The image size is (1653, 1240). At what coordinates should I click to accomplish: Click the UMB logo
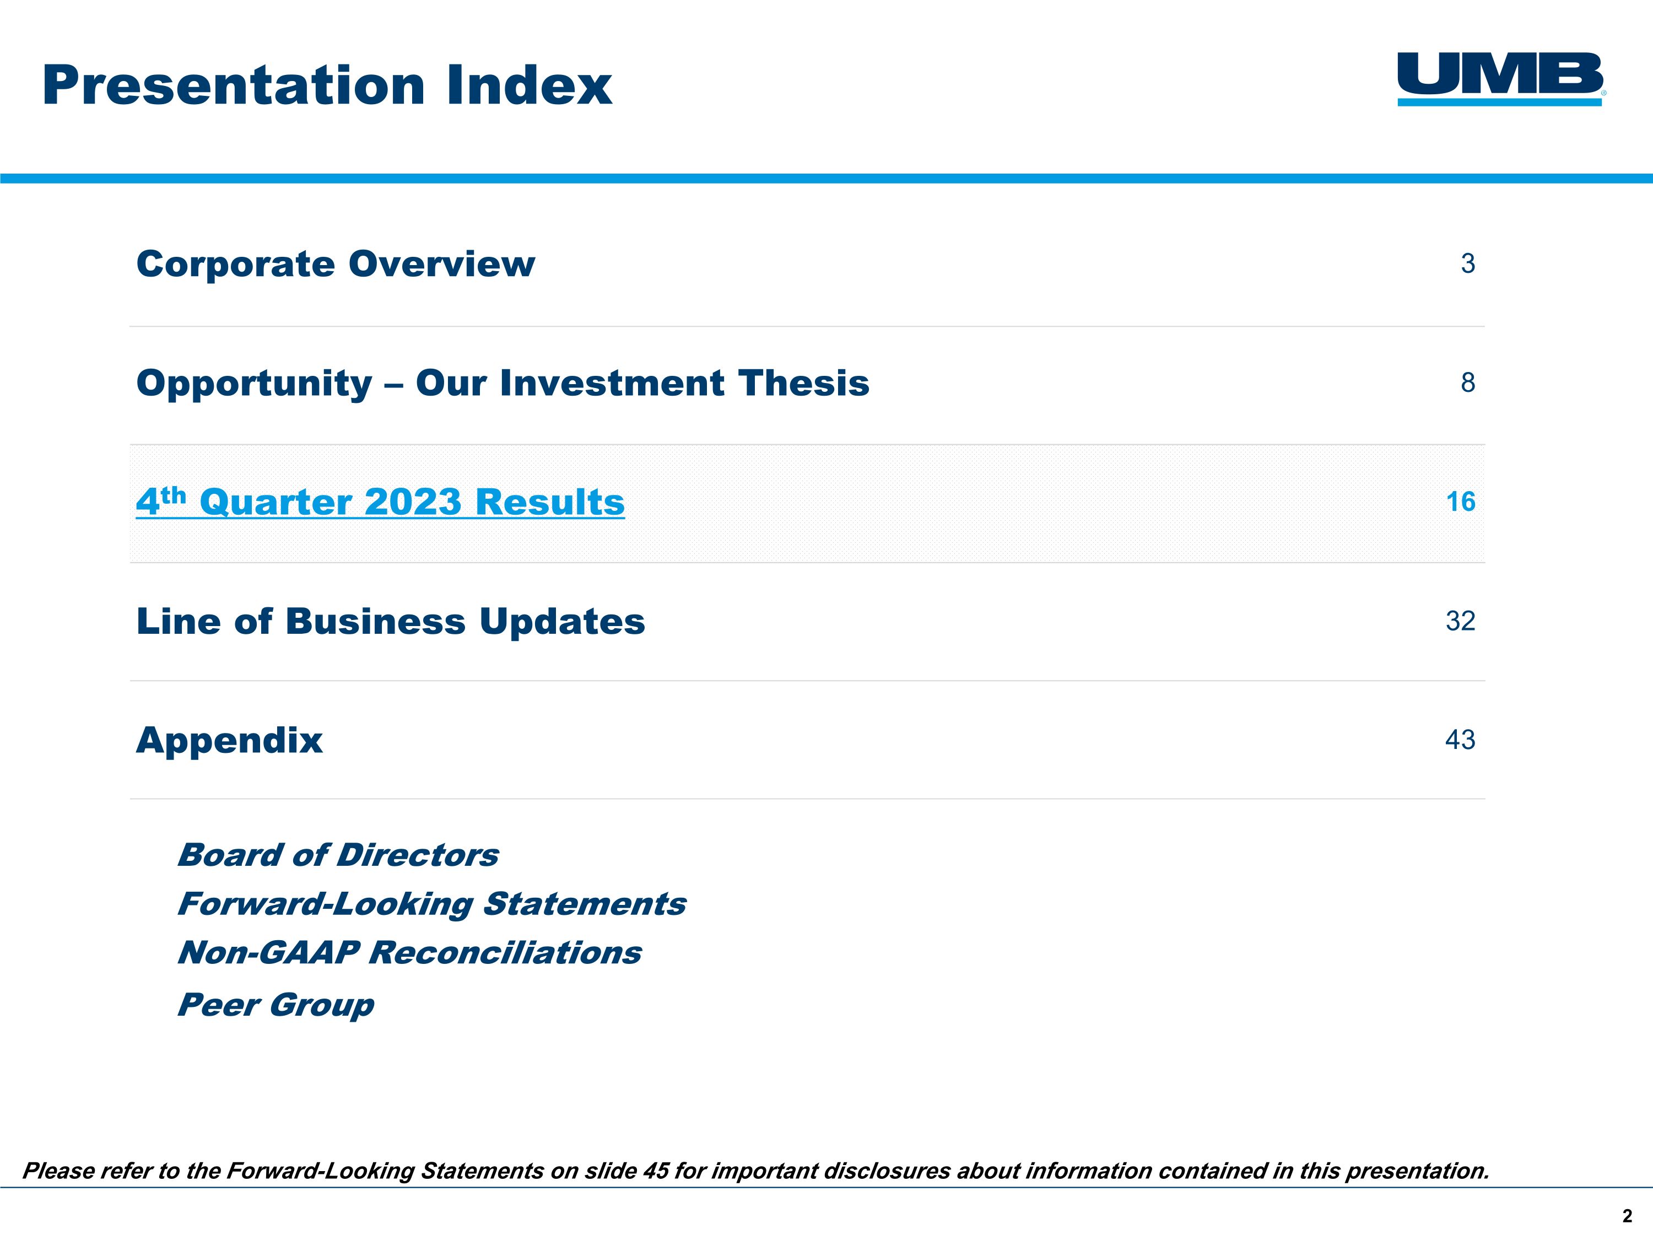(x=1500, y=78)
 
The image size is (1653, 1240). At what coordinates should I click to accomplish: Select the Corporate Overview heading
(x=336, y=264)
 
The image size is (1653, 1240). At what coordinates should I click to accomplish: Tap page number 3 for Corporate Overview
(x=1468, y=264)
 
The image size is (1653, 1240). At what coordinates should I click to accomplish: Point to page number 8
(x=1468, y=382)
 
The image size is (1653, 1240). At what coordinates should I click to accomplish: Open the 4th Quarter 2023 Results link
(x=380, y=502)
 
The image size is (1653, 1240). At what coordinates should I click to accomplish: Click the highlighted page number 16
(x=1460, y=502)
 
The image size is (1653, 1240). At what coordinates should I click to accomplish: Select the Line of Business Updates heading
(x=390, y=621)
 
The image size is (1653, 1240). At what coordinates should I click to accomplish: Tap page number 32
(x=1460, y=621)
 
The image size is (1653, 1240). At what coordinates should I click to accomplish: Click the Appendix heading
(x=229, y=740)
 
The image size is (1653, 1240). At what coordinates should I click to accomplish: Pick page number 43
(x=1460, y=740)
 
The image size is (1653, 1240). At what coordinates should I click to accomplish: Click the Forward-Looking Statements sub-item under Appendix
(x=431, y=904)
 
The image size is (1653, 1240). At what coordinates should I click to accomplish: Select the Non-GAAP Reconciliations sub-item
(x=409, y=953)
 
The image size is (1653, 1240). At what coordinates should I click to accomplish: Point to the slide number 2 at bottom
(x=1627, y=1217)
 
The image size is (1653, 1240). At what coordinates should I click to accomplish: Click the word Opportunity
(x=254, y=384)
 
